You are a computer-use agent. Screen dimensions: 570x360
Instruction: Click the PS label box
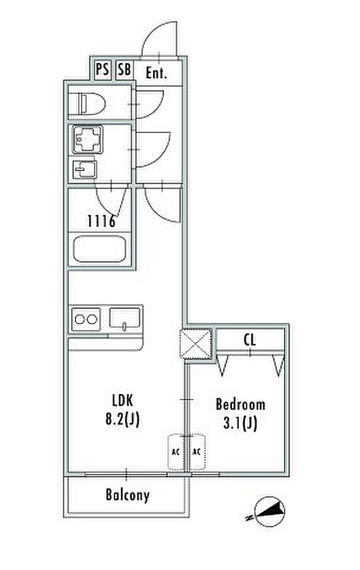(103, 70)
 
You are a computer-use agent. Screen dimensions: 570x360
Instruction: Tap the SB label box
(124, 70)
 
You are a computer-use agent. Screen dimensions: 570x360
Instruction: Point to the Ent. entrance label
(156, 74)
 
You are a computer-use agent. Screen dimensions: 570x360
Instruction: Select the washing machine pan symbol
(87, 140)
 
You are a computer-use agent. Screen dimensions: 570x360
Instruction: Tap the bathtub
(99, 249)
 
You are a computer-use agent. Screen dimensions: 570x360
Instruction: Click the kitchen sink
(125, 319)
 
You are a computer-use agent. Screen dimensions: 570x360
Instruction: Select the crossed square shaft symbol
(195, 344)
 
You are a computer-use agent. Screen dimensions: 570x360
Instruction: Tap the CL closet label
(250, 340)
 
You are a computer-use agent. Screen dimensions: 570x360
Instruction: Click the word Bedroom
(241, 405)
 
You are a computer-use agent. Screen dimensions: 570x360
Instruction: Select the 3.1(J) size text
(241, 423)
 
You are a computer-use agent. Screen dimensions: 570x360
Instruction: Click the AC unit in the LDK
(176, 452)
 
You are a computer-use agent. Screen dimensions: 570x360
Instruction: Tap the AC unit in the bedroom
(197, 452)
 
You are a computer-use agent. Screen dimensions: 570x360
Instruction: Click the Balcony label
(128, 494)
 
